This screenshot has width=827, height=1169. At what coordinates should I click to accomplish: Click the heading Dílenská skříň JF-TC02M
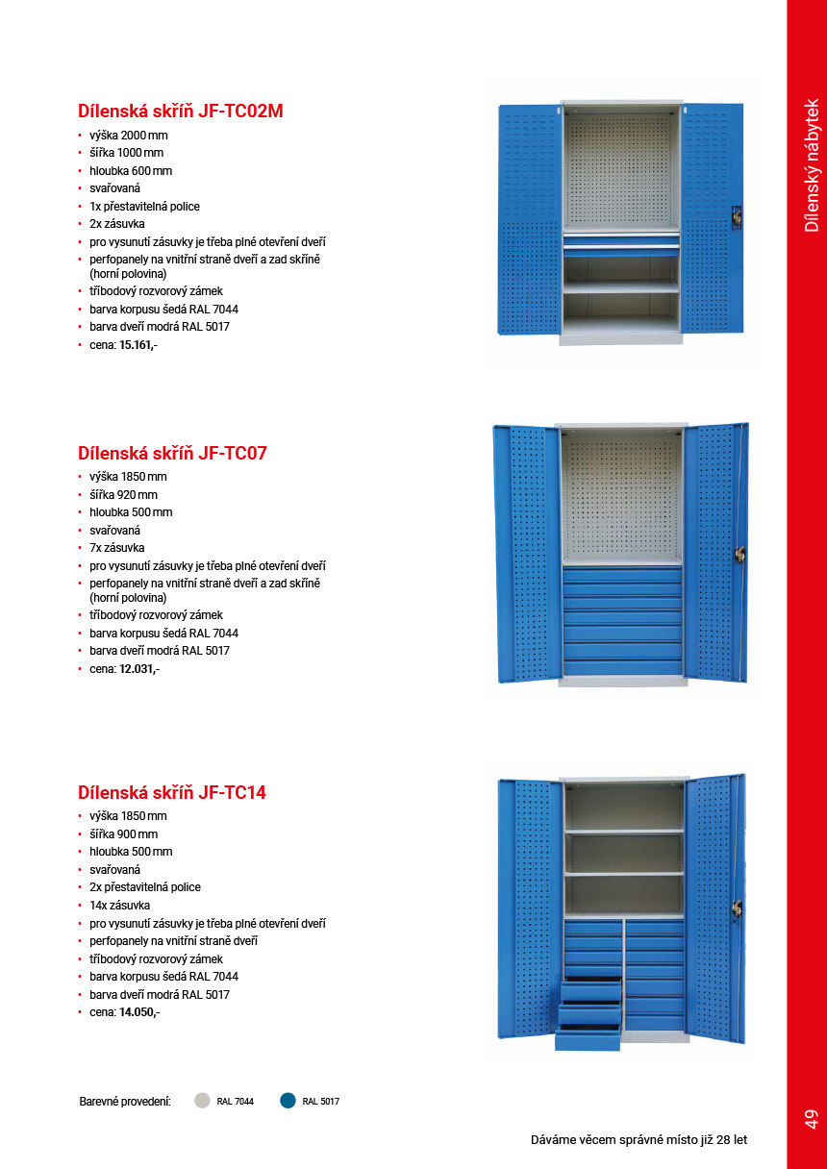[180, 112]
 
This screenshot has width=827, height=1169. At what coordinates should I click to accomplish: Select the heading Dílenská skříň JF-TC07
[172, 453]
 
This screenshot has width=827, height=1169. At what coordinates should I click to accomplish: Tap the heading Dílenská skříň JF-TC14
[172, 793]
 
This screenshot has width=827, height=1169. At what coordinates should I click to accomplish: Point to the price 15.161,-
[138, 344]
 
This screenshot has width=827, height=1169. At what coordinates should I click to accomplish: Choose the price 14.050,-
[139, 1012]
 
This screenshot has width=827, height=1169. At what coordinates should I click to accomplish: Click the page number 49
[810, 1118]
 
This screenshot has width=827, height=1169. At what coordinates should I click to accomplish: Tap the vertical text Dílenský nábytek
[811, 164]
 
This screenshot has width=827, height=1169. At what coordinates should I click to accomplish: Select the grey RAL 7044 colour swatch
[202, 1101]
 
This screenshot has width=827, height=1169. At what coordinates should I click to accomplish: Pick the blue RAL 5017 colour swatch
[288, 1101]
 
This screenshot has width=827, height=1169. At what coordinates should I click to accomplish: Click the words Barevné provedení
[125, 1102]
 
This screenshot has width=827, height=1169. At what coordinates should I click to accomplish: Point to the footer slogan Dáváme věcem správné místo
[639, 1140]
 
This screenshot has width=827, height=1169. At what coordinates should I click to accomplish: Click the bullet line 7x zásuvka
[117, 548]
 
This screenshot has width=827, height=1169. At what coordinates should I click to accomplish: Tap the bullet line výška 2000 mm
[128, 136]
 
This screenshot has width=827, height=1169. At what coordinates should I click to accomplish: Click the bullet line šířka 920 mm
[123, 495]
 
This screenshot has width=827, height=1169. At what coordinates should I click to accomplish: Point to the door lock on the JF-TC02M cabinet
[737, 218]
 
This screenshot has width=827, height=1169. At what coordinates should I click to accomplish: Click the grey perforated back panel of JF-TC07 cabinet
[621, 498]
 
